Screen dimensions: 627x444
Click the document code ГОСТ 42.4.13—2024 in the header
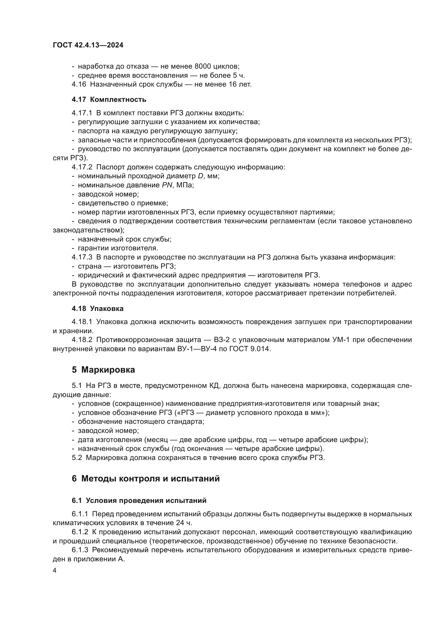click(88, 45)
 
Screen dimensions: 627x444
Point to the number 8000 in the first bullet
click(203, 66)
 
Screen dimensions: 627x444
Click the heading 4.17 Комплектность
click(109, 100)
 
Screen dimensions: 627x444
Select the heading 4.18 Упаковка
click(97, 309)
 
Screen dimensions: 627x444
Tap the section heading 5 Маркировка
click(103, 370)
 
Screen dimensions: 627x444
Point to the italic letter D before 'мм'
click(201, 176)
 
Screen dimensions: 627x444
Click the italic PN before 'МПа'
click(167, 185)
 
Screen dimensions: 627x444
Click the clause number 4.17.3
click(82, 257)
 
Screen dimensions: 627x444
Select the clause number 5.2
click(77, 458)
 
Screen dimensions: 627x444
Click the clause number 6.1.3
click(80, 550)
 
